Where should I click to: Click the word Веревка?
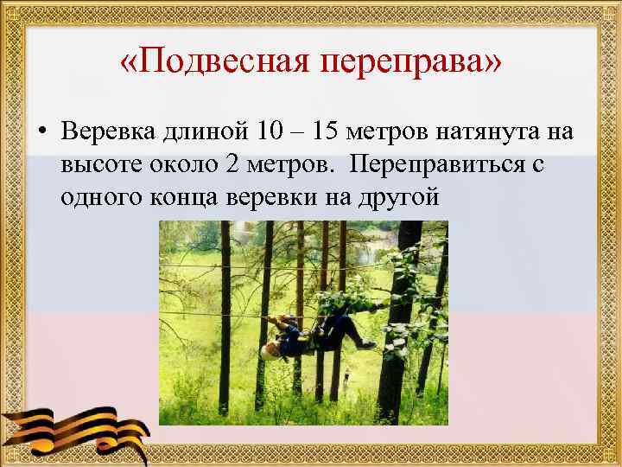point(111,131)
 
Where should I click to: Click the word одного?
point(98,198)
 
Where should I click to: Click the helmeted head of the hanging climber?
point(270,349)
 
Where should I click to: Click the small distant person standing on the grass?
point(346,376)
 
